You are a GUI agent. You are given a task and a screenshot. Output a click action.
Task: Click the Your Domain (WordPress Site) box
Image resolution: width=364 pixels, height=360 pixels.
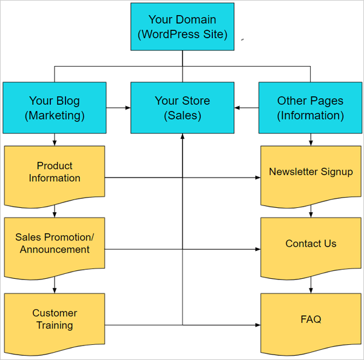coord(182,27)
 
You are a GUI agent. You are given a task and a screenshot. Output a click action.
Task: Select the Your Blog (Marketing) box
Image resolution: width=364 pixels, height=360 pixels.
coord(55,108)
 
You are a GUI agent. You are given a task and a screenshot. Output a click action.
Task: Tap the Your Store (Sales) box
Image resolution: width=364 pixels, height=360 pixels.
coord(182,108)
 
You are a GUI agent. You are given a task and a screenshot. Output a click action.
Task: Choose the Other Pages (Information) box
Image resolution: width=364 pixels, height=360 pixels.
coord(310,108)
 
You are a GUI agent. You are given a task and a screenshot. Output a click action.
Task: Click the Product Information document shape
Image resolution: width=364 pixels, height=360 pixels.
coord(55,173)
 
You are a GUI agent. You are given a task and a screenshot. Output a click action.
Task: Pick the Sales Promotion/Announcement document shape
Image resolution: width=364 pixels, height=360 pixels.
coord(55,244)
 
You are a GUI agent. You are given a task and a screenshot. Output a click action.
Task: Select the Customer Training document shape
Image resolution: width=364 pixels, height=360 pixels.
coord(55,319)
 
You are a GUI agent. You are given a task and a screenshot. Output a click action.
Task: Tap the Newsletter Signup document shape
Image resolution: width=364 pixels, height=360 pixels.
coord(311,173)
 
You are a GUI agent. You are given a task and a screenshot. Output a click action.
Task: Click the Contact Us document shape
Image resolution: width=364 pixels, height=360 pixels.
coord(311,244)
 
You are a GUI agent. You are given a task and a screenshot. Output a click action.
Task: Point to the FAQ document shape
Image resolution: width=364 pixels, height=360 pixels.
coord(311,319)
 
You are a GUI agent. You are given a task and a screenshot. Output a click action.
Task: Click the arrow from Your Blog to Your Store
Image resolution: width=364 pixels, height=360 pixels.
coord(118,108)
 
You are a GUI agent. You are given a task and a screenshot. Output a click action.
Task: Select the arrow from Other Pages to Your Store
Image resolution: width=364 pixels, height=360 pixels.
coord(246,108)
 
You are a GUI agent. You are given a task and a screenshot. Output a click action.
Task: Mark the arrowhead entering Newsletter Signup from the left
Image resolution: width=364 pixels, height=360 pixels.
coord(257,178)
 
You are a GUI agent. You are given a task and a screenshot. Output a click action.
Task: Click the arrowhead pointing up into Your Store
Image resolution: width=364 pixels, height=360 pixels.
coord(182,136)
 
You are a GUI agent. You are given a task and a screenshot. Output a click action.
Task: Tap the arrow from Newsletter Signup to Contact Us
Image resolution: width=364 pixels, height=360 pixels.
coord(311,211)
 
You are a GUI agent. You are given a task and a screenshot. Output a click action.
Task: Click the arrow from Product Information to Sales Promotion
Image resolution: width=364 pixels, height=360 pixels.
coord(55,211)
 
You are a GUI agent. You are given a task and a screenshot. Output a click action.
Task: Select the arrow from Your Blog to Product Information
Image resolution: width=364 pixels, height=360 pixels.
coord(55,139)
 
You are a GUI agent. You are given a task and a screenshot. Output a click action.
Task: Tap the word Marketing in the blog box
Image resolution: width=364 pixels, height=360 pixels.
coord(55,115)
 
